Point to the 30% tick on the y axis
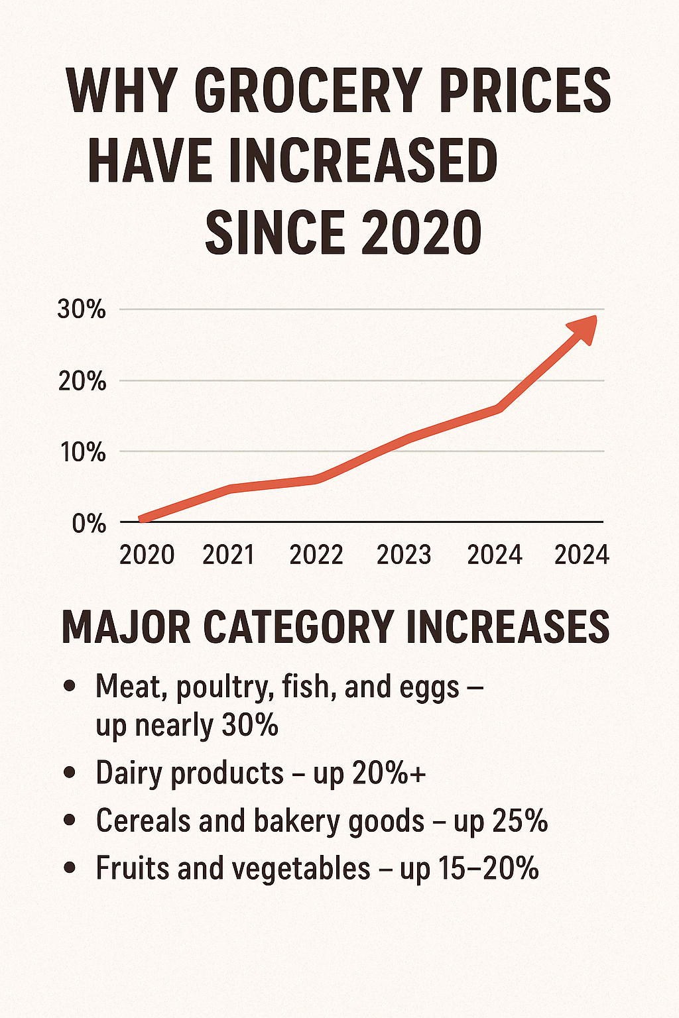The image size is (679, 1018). click(82, 310)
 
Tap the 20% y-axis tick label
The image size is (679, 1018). click(82, 381)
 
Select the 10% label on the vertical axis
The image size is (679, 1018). click(82, 453)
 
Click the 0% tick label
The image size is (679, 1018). click(89, 524)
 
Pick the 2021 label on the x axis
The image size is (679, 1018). click(228, 555)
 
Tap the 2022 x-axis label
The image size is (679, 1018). click(316, 555)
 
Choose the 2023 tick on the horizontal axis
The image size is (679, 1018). click(404, 555)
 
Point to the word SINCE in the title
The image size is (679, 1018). click(275, 233)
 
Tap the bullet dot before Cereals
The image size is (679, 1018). click(68, 820)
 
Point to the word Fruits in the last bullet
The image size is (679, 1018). click(131, 868)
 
